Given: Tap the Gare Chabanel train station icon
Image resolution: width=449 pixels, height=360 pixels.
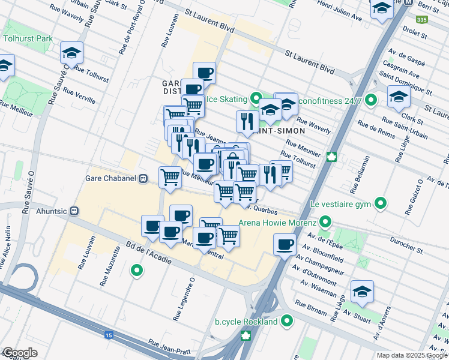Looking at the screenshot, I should click(143, 178).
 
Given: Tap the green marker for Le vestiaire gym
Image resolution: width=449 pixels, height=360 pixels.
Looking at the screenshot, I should click(380, 204).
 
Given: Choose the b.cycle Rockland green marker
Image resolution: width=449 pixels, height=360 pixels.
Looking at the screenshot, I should click(286, 321).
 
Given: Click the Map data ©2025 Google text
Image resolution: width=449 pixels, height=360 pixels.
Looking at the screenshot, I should click(412, 355).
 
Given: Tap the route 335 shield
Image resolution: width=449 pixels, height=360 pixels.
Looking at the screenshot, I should click(422, 19).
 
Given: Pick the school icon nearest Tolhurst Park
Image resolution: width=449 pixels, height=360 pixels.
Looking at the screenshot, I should click(71, 53).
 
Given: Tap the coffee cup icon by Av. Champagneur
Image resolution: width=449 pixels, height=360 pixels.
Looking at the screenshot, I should click(285, 245).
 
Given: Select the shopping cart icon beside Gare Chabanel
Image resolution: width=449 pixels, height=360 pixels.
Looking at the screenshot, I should click(170, 178).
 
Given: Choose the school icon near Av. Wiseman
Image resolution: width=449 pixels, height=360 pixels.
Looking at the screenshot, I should click(362, 292).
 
